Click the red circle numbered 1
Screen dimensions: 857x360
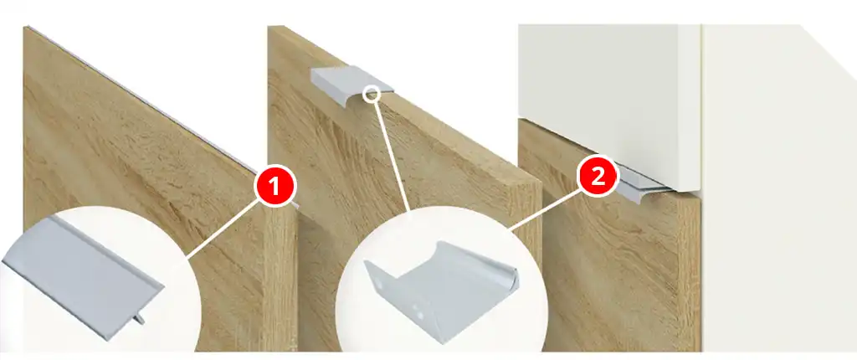[275, 187]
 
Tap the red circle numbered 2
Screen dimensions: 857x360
[598, 176]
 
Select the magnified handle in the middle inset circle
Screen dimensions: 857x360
[440, 289]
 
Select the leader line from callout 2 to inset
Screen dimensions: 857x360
[543, 211]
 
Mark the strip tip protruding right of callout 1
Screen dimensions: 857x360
[296, 206]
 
